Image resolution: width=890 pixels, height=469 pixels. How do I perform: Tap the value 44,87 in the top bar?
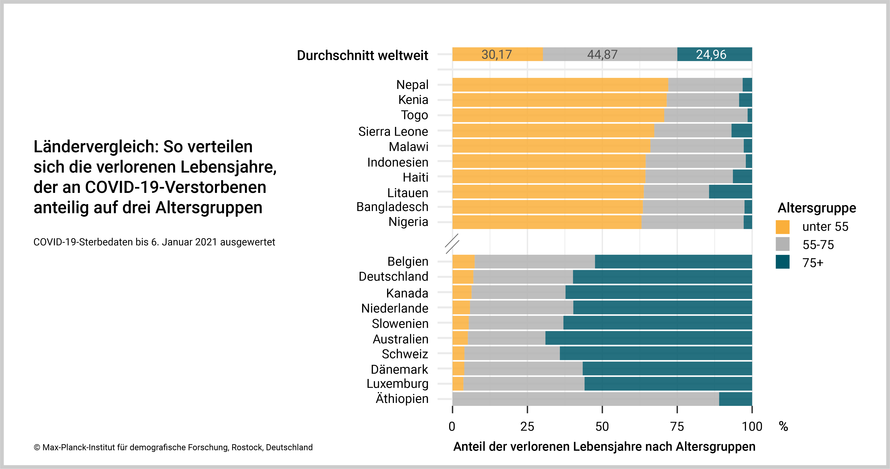point(602,55)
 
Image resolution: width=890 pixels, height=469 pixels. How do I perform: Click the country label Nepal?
point(412,85)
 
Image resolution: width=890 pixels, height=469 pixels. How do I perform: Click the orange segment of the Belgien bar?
point(463,262)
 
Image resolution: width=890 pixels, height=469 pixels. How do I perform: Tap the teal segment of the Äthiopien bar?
point(735,399)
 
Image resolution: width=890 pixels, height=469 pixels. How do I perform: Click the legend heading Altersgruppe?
point(817,208)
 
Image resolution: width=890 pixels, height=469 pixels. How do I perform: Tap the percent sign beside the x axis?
point(783,427)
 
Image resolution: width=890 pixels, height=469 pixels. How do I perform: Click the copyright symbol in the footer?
point(37,448)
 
